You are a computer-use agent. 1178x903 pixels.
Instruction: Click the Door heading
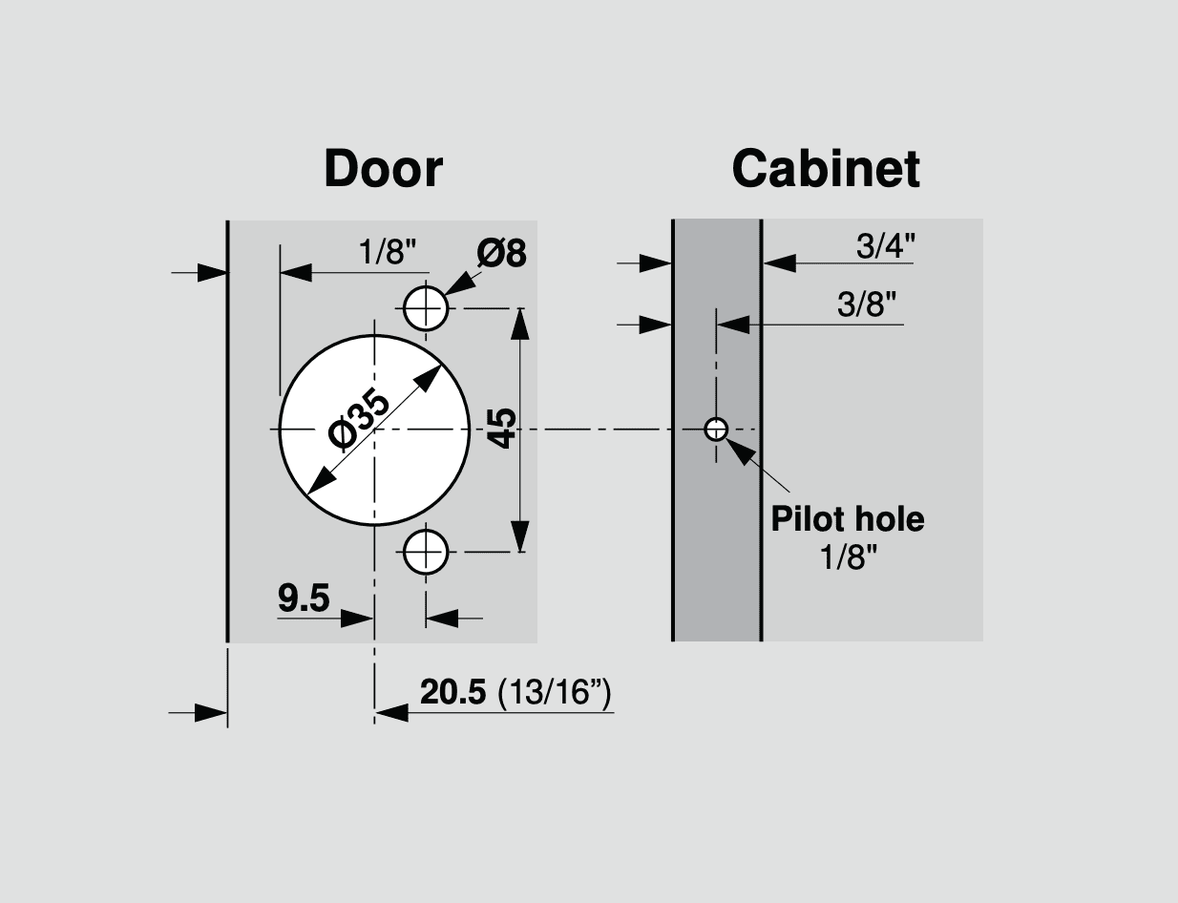click(383, 169)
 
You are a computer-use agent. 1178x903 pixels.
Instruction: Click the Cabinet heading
click(826, 169)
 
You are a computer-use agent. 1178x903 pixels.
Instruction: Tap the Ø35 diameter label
click(359, 419)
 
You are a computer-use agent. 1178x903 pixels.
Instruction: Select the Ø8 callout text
click(501, 253)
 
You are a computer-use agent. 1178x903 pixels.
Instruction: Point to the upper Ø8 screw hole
click(426, 308)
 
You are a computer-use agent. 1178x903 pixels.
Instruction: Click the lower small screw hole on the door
click(426, 553)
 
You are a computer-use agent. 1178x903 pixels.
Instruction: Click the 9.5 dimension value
click(304, 598)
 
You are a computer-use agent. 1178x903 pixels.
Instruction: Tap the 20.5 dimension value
click(452, 692)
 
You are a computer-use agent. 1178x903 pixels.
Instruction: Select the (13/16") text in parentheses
click(554, 693)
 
